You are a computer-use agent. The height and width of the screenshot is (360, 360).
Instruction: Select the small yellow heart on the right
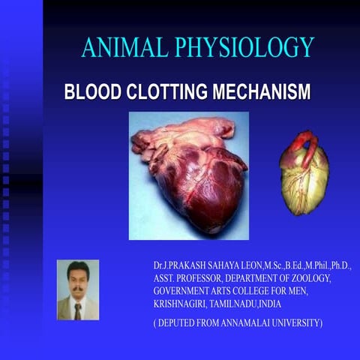coord(304,180)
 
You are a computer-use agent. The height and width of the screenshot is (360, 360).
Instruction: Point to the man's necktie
coord(77,310)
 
